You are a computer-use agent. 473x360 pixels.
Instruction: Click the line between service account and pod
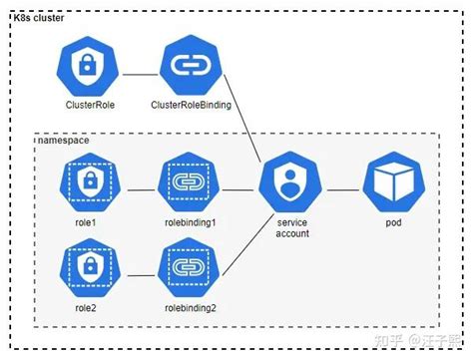coord(341,185)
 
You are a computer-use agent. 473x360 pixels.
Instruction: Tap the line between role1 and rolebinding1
coord(138,182)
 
